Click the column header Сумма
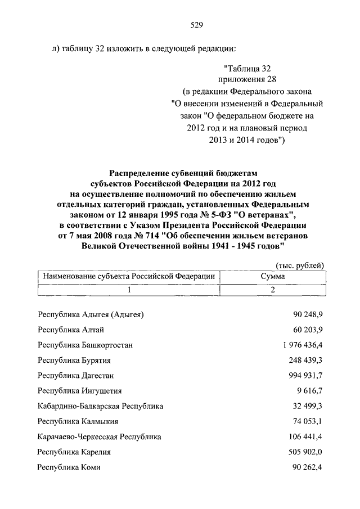272,276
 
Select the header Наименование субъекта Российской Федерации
129,276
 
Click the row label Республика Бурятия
74,360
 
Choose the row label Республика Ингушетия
79,390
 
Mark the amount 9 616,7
309,390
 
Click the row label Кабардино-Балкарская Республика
100,406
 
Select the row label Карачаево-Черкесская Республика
99,436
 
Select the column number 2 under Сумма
272,290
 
